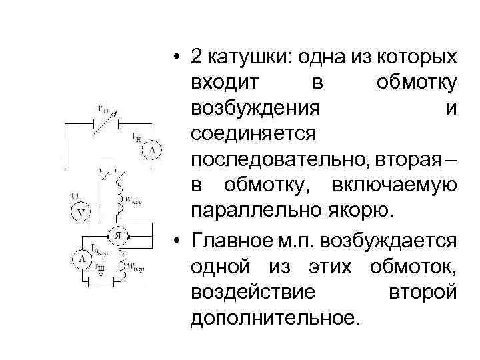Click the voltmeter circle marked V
81,213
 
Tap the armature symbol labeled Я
117,236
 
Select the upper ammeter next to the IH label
151,151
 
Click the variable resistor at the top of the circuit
105,122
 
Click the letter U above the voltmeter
76,196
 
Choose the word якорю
363,212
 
